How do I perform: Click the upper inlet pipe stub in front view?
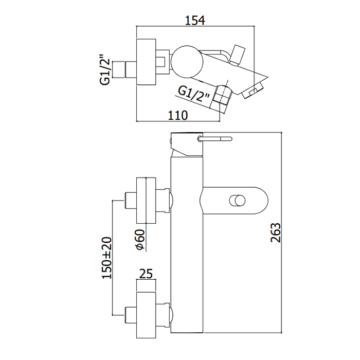(130, 201)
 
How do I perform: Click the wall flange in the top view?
(146, 61)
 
